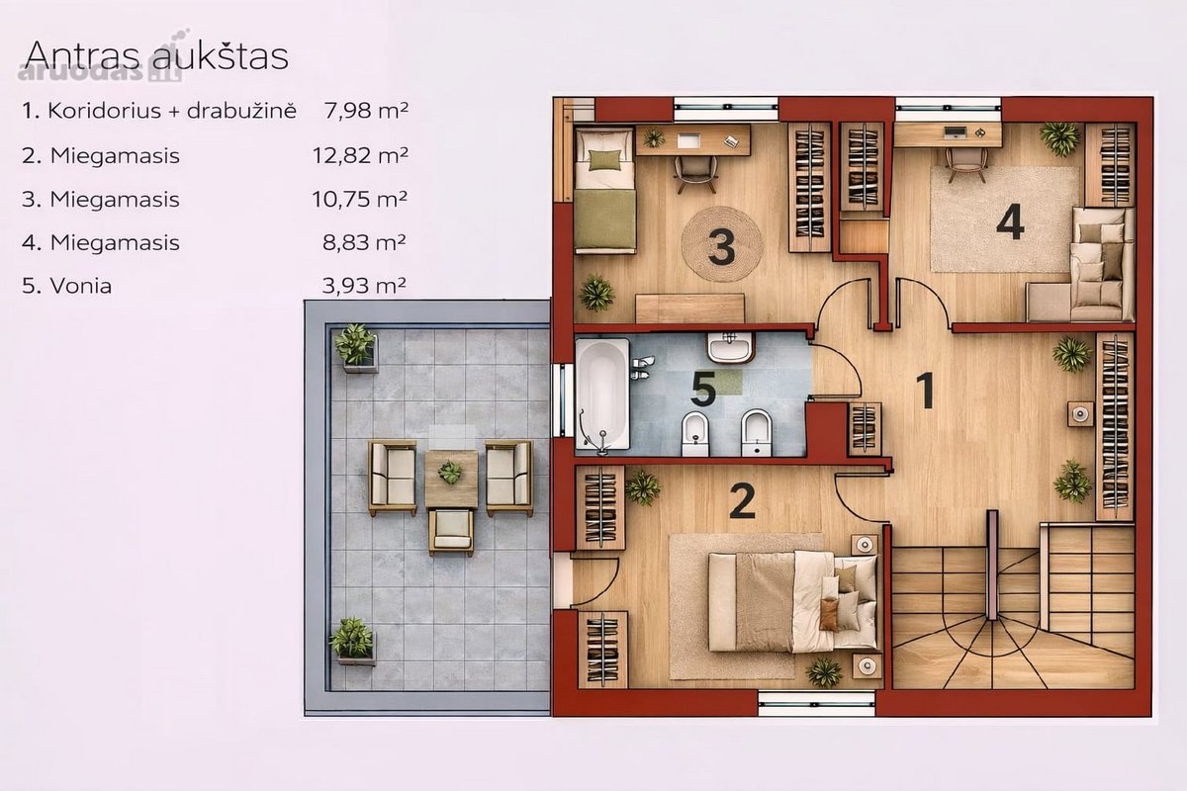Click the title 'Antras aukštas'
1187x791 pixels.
point(157,55)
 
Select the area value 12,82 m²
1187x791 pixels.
point(360,155)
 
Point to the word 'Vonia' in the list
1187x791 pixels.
point(81,286)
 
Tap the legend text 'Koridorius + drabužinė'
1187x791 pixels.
point(172,111)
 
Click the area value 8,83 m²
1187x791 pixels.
point(365,242)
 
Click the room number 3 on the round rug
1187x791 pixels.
point(722,247)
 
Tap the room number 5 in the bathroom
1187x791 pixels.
point(703,389)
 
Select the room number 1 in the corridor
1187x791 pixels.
point(926,390)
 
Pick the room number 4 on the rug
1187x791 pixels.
point(1010,222)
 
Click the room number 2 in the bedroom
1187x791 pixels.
point(742,501)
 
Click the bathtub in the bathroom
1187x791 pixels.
point(603,395)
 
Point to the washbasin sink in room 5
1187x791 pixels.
point(730,348)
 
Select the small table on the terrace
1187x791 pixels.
point(451,479)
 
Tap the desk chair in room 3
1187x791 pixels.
point(695,173)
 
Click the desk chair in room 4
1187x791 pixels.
point(966,164)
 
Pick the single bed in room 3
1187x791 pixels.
point(605,190)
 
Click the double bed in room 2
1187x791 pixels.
point(792,601)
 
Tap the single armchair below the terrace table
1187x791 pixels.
point(451,531)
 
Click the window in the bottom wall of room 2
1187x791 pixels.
point(817,704)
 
